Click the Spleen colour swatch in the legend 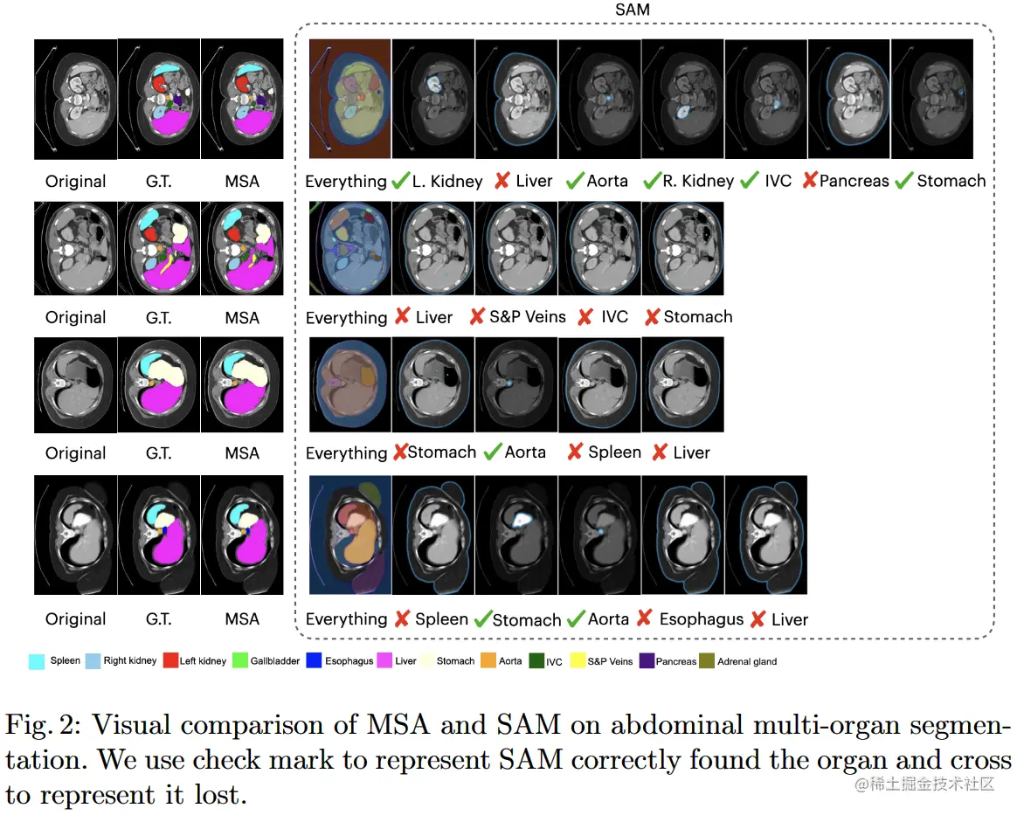[37, 661]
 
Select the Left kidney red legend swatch [169, 661]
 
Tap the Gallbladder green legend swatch [240, 661]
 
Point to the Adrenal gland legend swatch [707, 661]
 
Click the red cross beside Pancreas [809, 181]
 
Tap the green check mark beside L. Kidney [401, 181]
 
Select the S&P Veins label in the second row [527, 317]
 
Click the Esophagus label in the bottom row [701, 619]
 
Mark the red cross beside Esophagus [645, 618]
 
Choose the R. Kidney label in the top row [698, 181]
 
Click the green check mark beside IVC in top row [749, 181]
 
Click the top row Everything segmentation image [349, 99]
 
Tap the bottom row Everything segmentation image [349, 535]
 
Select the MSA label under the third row [242, 453]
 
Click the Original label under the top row [75, 182]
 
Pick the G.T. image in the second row [158, 247]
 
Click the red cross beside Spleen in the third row [575, 452]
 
